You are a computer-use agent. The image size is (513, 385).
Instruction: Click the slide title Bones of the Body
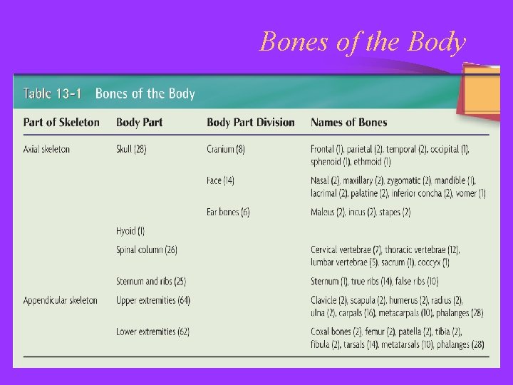point(363,42)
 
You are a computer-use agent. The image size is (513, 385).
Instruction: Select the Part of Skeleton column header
point(61,123)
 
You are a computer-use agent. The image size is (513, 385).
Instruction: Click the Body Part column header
point(139,123)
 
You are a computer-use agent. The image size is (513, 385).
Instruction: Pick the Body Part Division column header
point(250,123)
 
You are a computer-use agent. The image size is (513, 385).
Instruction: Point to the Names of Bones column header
point(348,123)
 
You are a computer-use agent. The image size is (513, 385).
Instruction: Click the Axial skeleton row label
point(46,149)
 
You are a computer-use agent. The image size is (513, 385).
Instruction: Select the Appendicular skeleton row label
point(60,300)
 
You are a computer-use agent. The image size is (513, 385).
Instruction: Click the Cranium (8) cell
point(226,149)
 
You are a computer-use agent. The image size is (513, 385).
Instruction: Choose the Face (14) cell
point(220,181)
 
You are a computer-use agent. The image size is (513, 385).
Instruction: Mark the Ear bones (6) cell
point(228,212)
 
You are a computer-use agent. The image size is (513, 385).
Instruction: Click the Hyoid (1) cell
point(130,231)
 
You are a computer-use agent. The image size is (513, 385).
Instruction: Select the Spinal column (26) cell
point(147,250)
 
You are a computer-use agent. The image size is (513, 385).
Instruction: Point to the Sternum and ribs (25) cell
point(151,282)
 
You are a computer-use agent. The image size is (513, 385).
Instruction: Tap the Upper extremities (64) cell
point(153,300)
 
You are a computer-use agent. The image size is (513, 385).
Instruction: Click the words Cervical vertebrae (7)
point(346,250)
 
